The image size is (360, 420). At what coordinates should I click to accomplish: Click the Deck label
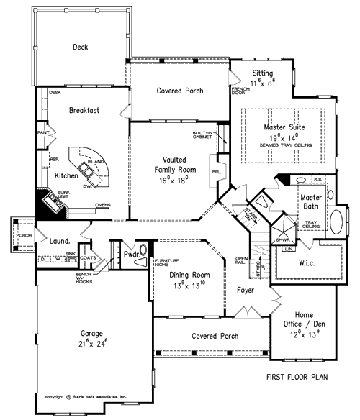coord(80,47)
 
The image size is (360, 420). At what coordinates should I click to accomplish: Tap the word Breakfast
coord(84,111)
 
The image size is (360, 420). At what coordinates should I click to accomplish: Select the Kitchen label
coord(66,175)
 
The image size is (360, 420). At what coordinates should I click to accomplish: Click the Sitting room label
coord(261,73)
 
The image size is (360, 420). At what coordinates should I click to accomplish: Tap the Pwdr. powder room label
coord(131,254)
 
